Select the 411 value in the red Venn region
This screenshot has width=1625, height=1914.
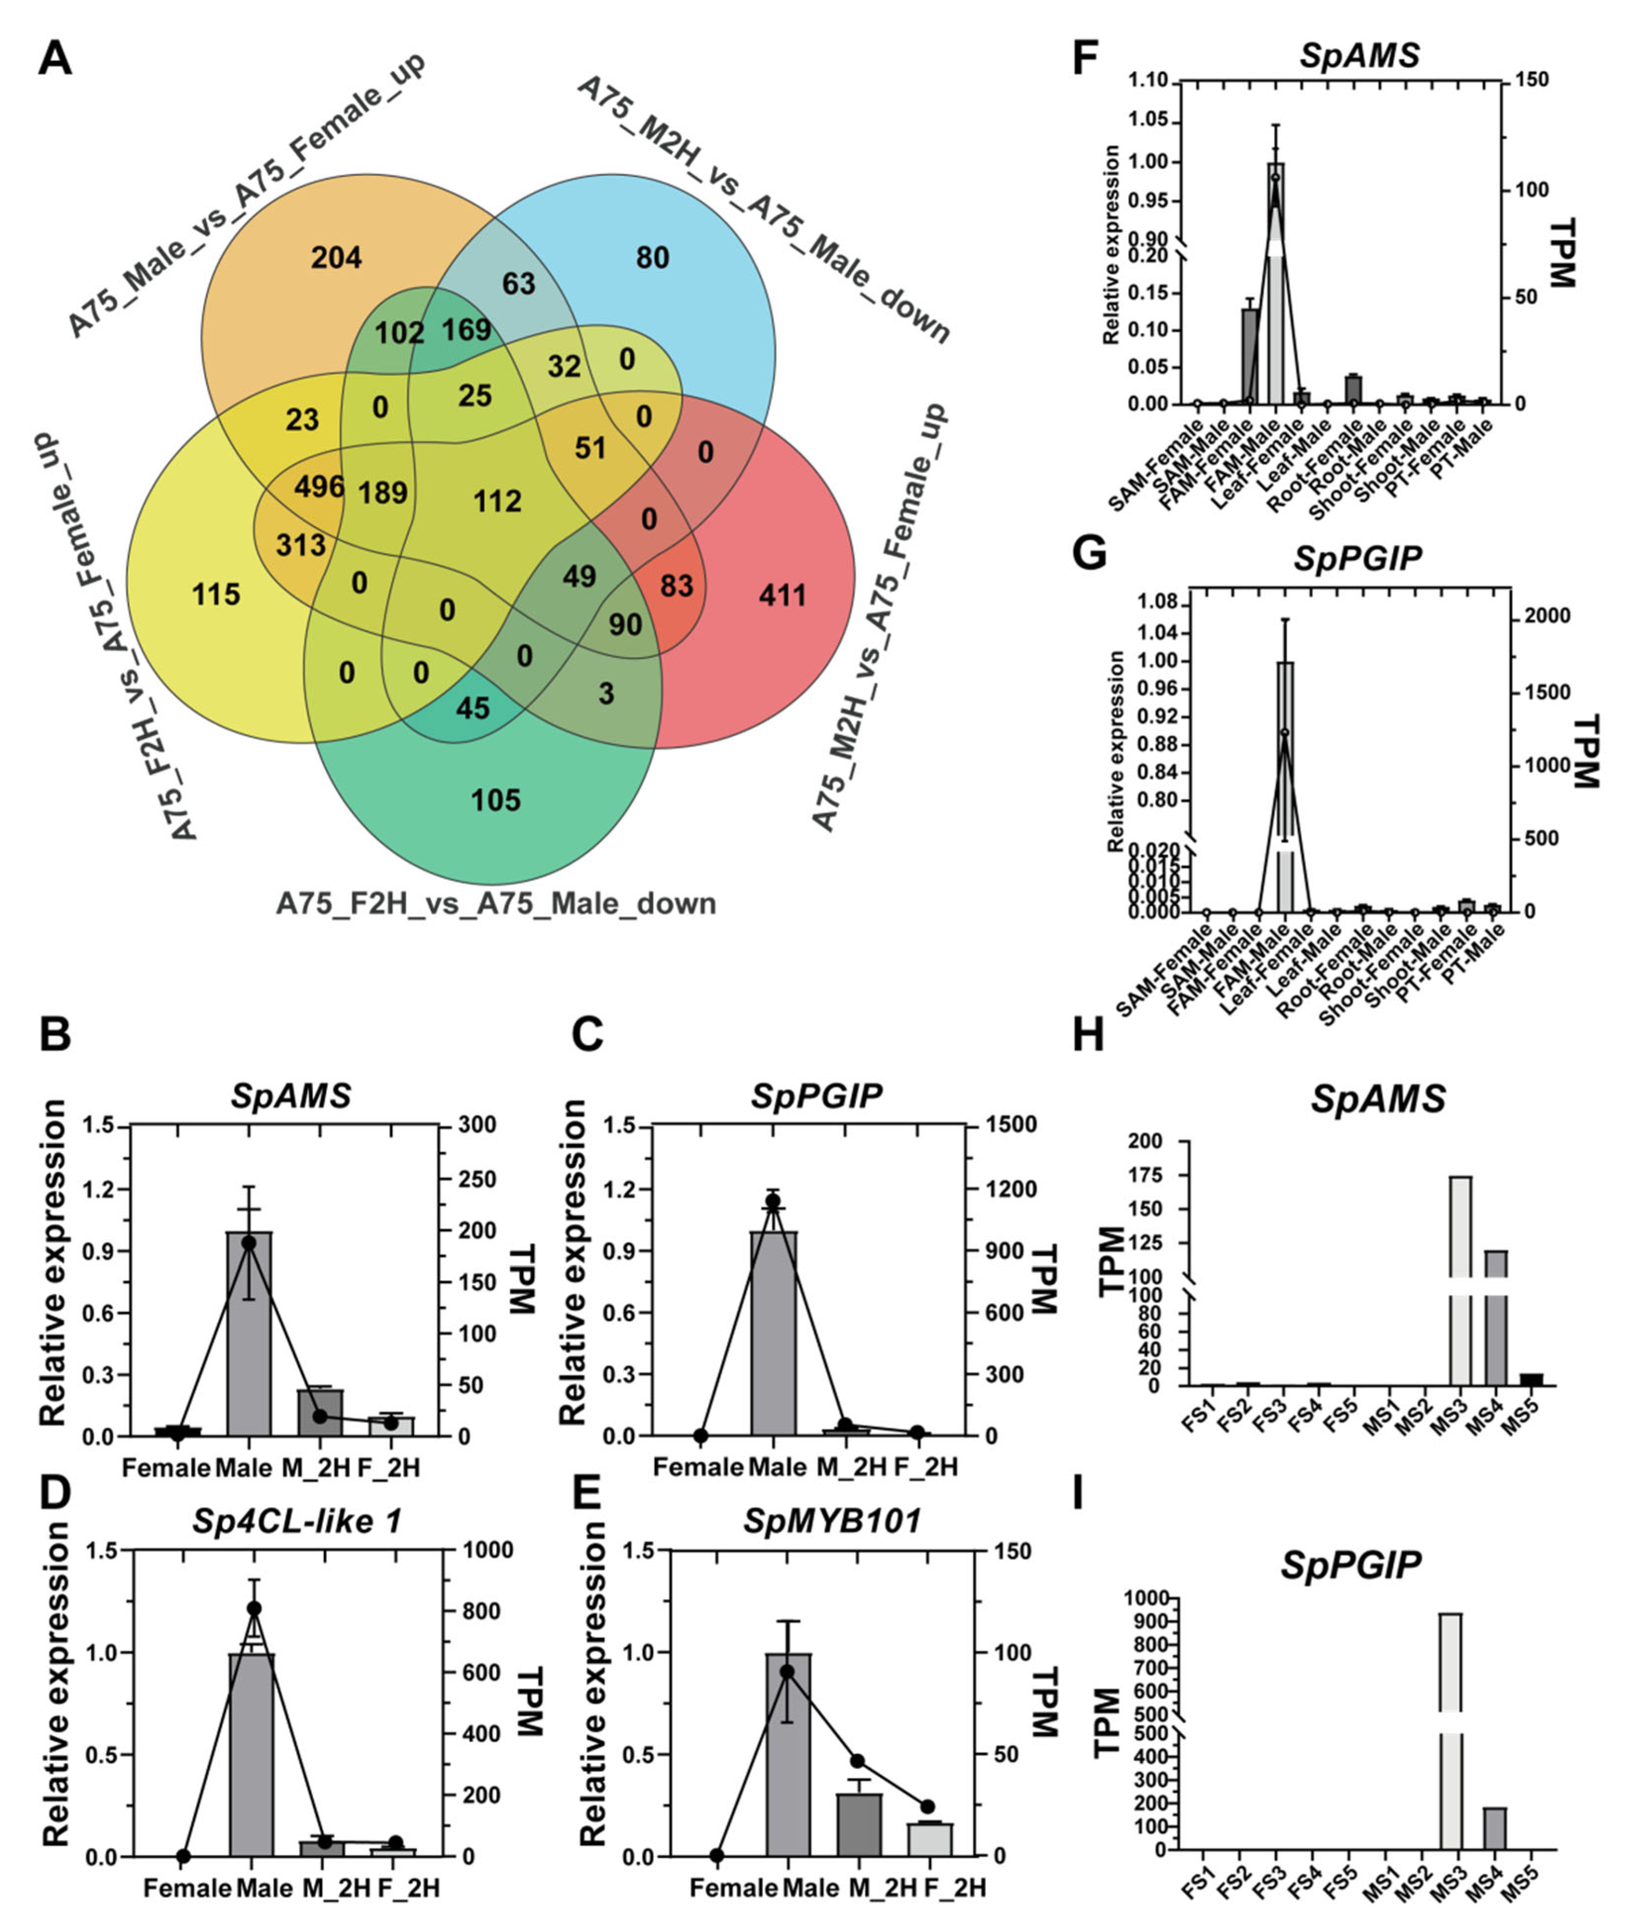pos(782,595)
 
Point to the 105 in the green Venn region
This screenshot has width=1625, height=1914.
pos(496,799)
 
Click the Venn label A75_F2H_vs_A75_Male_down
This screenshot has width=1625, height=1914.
pos(496,904)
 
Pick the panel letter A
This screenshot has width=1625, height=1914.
pos(54,61)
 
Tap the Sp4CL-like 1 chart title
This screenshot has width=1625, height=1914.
pos(298,1521)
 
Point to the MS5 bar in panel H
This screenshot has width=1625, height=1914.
pos(1530,1379)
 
